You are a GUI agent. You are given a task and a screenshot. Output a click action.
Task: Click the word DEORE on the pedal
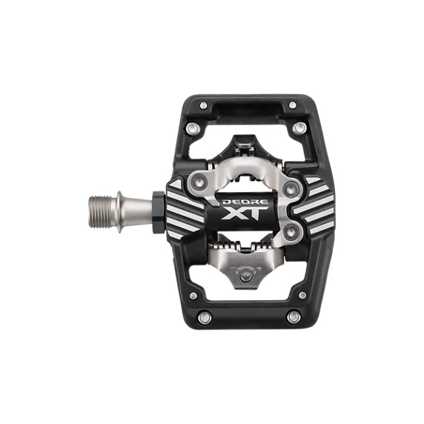click(x=245, y=202)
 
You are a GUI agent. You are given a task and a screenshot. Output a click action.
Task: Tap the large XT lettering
click(x=245, y=213)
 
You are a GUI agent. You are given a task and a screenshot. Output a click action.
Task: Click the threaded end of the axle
click(x=100, y=212)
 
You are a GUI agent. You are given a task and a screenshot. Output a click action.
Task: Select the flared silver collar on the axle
click(x=119, y=212)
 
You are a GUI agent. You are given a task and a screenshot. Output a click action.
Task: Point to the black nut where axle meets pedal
click(x=158, y=212)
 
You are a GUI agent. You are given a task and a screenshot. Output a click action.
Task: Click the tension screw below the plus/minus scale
click(x=246, y=276)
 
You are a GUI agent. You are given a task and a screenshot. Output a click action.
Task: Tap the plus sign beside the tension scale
click(x=260, y=268)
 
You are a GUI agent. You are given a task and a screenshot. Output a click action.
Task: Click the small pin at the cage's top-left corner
click(x=203, y=105)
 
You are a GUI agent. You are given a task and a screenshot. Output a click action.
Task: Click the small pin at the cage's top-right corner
click(x=293, y=105)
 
